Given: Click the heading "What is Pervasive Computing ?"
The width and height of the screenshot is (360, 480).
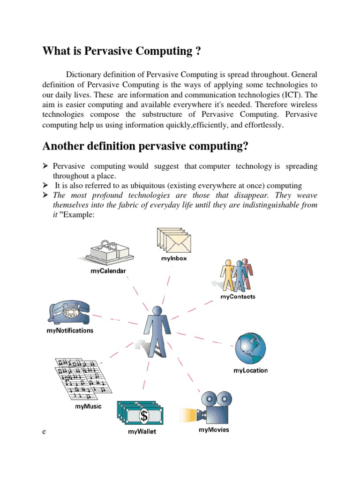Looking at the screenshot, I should click(x=122, y=51).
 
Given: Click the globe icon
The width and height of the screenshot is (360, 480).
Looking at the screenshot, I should click(x=250, y=350).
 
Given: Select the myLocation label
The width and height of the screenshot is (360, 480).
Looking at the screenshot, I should click(x=251, y=371).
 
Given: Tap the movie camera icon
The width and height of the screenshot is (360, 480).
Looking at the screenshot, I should click(x=210, y=407).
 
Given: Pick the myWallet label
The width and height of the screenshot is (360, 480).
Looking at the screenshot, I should click(x=142, y=432).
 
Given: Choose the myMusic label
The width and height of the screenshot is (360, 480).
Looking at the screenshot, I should click(x=88, y=406).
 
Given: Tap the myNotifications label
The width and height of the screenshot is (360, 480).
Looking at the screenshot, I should click(x=69, y=330).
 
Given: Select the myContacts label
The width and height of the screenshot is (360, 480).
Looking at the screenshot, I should click(x=238, y=297).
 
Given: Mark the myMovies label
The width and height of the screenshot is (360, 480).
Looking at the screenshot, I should click(x=214, y=429).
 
